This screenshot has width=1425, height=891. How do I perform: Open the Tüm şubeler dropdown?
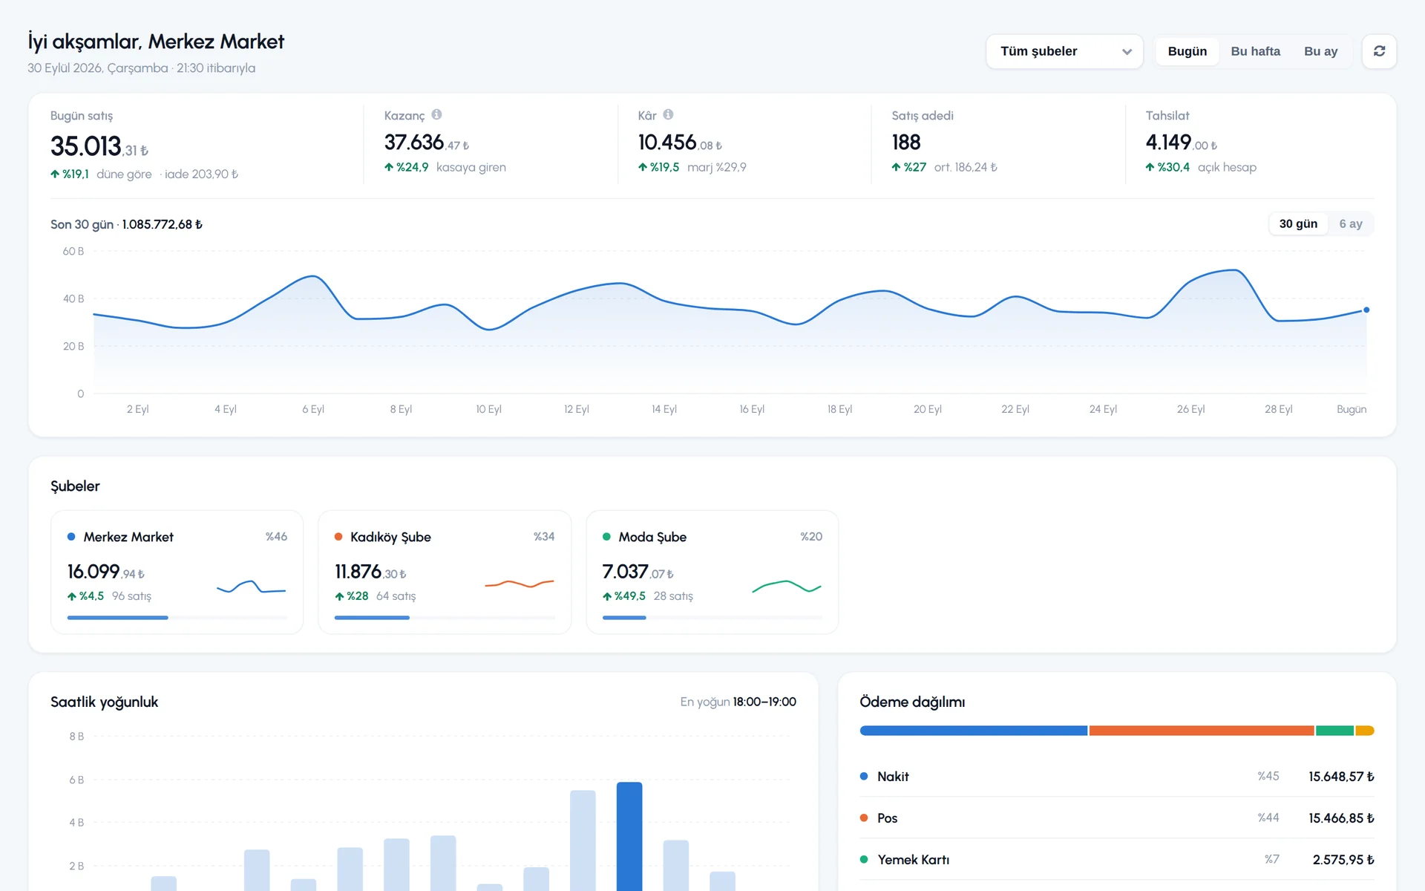pos(1064,51)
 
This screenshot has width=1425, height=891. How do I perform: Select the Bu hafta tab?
pos(1255,51)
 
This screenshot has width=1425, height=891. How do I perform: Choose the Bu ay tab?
pos(1320,51)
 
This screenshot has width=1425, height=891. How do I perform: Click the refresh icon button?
pos(1379,51)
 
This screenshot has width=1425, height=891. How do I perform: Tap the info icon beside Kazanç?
pos(436,114)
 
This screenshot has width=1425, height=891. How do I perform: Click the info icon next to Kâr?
pos(668,114)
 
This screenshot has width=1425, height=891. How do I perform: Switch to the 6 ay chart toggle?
pos(1350,223)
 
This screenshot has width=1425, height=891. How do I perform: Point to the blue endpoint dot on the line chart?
pos(1366,310)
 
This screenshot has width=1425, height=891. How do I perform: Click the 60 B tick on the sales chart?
pos(73,251)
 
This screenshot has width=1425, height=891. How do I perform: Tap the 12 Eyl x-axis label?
pos(576,409)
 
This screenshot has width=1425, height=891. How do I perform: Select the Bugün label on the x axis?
pos(1352,409)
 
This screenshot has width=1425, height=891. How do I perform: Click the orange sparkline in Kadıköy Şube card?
pos(520,584)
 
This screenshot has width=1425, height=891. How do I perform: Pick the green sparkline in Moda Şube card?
pos(787,587)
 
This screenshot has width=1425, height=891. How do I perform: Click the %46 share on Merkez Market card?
pos(276,536)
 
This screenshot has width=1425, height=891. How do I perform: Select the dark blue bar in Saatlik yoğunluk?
pos(629,837)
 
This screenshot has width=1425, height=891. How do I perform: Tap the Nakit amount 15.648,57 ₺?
pos(1341,776)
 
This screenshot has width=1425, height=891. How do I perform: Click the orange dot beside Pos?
pos(864,817)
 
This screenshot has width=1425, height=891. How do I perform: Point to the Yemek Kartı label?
pos(913,859)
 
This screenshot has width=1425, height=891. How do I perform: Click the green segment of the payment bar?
pos(1334,731)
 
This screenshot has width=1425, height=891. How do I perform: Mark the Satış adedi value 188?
pos(906,142)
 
